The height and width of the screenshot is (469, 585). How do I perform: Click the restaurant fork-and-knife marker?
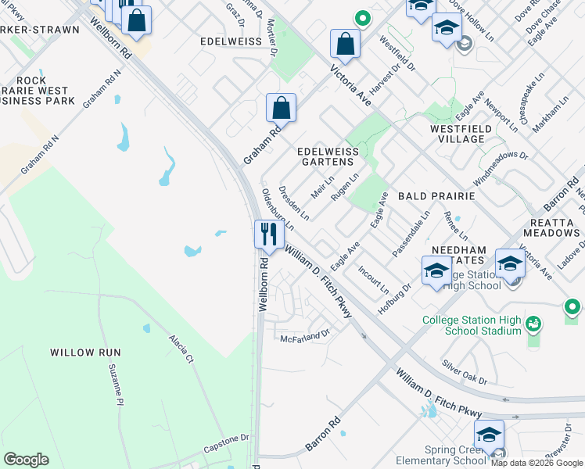coord(267,233)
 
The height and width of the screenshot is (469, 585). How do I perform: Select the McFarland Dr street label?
coord(305,335)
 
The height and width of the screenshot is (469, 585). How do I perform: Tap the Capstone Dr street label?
coord(226,442)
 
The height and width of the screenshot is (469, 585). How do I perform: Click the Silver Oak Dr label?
coord(464,371)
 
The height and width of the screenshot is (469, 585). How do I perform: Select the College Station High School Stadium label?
coord(471,325)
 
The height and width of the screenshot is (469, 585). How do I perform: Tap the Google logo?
coord(26,460)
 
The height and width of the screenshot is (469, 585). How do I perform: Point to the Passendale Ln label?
coord(411,233)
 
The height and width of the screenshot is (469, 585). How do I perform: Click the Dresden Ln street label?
coord(294,202)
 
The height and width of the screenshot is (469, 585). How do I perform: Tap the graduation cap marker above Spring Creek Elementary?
coord(489,435)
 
